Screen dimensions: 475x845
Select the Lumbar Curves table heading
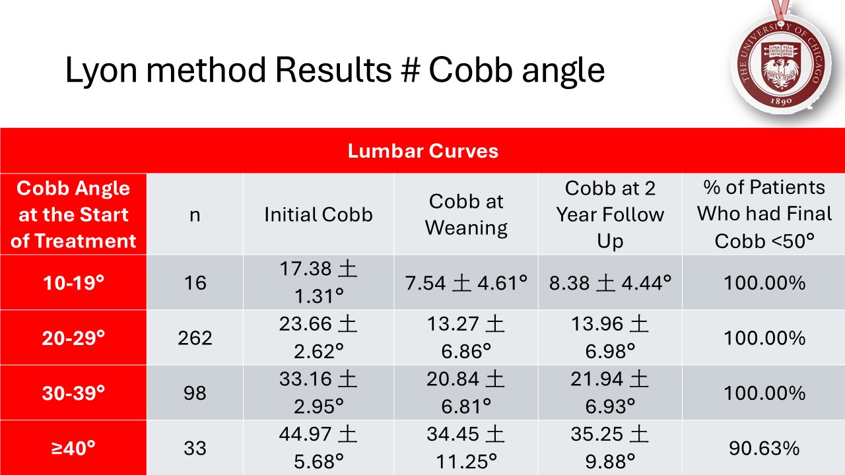click(x=422, y=151)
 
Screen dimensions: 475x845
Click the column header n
click(x=195, y=214)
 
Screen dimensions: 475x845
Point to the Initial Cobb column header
click(x=318, y=214)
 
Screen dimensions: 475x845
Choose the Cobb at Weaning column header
click(x=466, y=214)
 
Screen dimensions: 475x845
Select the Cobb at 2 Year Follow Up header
click(x=610, y=214)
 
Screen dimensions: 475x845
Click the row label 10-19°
click(x=73, y=283)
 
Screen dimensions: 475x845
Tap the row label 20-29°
click(x=73, y=338)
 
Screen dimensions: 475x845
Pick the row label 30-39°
click(x=73, y=393)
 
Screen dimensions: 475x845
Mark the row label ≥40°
click(x=73, y=449)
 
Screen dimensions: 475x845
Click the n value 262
click(x=195, y=338)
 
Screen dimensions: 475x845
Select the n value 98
click(x=195, y=393)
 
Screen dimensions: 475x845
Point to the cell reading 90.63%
click(x=764, y=449)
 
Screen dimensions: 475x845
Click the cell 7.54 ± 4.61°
click(x=466, y=283)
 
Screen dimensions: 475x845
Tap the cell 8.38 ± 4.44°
click(x=610, y=283)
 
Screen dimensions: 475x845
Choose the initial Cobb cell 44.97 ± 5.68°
click(x=318, y=449)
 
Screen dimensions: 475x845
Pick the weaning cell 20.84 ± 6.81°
click(x=466, y=393)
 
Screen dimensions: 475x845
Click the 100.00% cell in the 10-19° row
click(x=764, y=283)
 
